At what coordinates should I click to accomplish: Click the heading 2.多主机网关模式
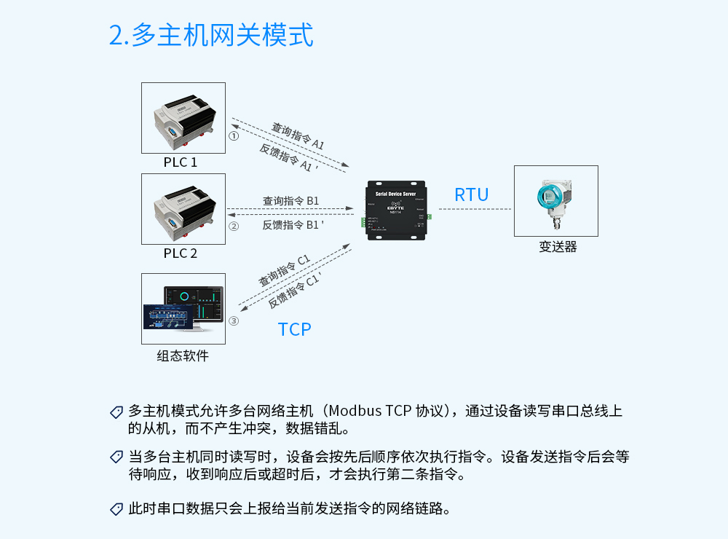click(211, 34)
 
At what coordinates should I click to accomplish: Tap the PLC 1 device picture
click(183, 118)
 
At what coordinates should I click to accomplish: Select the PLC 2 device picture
click(183, 209)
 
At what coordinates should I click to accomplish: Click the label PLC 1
click(181, 162)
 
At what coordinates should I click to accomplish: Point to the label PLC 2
click(181, 253)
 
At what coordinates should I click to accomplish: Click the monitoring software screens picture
click(183, 308)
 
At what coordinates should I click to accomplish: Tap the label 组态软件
click(183, 356)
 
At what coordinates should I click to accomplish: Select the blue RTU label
click(472, 194)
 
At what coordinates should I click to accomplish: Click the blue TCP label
click(295, 329)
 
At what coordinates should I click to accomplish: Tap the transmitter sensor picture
click(555, 200)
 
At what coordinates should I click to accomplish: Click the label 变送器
click(558, 247)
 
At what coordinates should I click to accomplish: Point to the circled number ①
click(234, 135)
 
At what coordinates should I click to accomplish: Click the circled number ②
click(234, 227)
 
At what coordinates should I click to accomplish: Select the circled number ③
click(234, 320)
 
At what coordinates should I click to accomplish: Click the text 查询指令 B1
click(290, 200)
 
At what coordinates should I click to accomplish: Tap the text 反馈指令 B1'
click(293, 225)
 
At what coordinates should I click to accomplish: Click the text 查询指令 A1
click(298, 136)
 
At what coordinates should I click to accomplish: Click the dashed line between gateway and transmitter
click(475, 209)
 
